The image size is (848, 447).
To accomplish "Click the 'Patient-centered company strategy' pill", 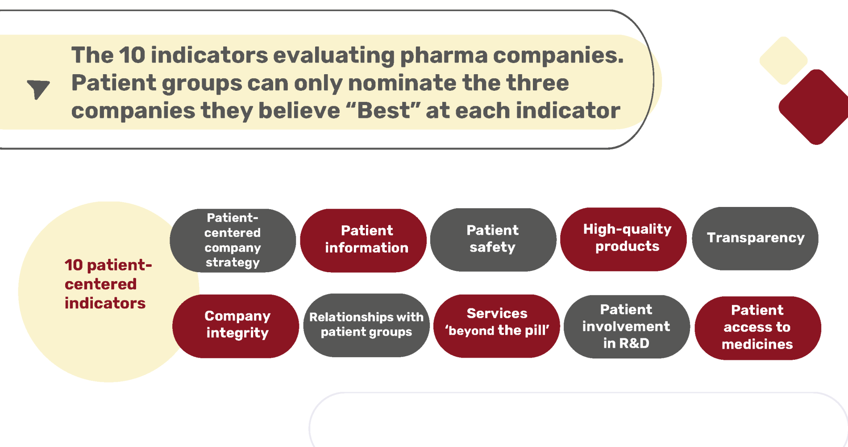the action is tap(233, 240).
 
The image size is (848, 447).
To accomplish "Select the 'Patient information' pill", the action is tap(363, 240).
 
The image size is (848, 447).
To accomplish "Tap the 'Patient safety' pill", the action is tap(493, 240).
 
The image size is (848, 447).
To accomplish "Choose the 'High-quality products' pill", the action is tap(624, 239).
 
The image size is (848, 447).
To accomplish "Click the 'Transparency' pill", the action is tap(755, 238).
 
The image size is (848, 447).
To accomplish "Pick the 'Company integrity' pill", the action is tap(236, 326).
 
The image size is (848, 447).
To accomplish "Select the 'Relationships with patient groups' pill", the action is tap(366, 325).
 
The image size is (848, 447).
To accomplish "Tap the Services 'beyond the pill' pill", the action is tap(497, 326).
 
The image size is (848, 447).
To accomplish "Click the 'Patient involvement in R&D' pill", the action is tap(627, 326).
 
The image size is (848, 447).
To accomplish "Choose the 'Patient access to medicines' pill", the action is tap(758, 328).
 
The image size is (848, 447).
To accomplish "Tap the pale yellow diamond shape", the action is tap(783, 60).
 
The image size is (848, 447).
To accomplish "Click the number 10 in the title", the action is tap(132, 55).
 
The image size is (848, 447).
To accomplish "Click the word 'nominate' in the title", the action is tap(402, 83).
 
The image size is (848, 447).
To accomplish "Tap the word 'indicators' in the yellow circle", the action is tap(105, 303).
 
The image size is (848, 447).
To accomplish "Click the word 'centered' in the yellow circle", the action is tap(100, 284).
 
